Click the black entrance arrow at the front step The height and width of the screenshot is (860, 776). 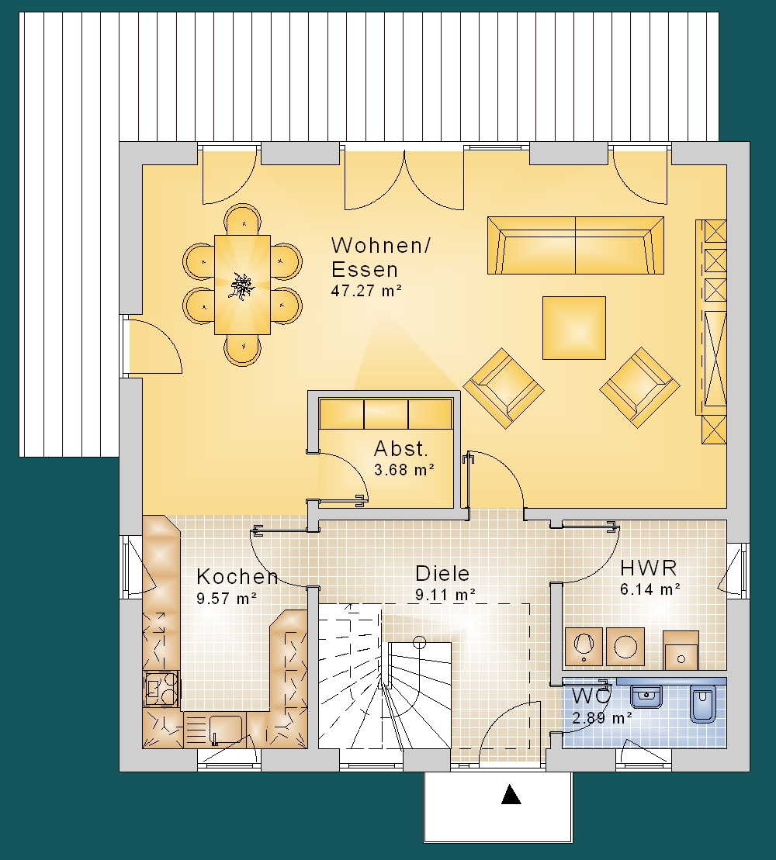[x=511, y=794]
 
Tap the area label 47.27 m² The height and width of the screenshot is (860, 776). [x=366, y=291]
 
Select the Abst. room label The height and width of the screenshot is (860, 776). [x=400, y=449]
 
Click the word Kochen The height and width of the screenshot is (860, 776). [x=237, y=576]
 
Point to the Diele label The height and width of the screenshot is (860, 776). [x=442, y=574]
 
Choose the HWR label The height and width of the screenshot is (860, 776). [x=649, y=568]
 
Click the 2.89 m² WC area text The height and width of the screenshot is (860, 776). [x=602, y=718]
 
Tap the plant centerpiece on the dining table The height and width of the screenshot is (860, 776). [x=241, y=285]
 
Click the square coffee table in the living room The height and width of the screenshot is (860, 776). [x=574, y=328]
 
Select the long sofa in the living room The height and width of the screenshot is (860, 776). [x=576, y=245]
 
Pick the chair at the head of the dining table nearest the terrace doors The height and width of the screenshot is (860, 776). [x=241, y=219]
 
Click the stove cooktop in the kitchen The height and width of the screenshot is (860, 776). [x=161, y=689]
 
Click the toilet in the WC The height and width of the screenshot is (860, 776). [x=703, y=703]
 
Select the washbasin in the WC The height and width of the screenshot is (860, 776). [x=647, y=697]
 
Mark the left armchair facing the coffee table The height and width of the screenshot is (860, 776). [x=504, y=387]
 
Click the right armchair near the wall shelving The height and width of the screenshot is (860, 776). [x=639, y=387]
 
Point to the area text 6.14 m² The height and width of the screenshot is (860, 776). [x=650, y=589]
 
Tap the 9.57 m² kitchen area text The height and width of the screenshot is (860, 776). [x=227, y=599]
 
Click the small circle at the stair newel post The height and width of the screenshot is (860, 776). [x=420, y=641]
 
